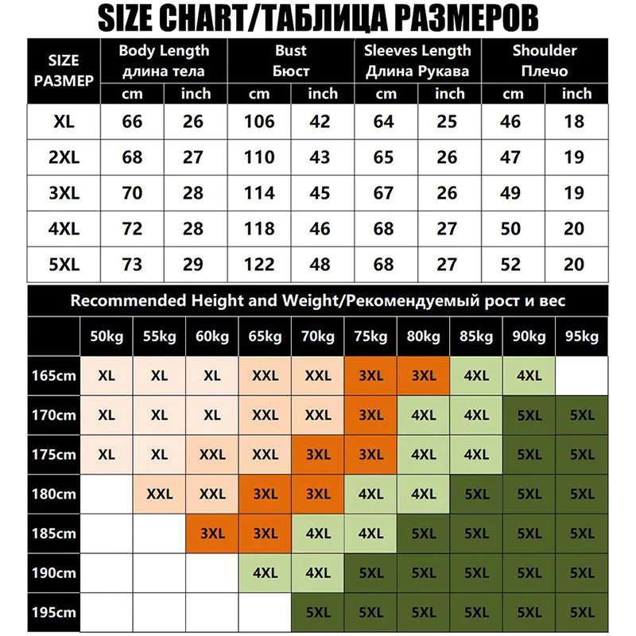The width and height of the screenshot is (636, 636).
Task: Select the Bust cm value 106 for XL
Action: [259, 122]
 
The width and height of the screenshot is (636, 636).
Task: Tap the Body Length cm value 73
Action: [132, 264]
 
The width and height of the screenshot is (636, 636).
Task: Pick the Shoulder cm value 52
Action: [514, 264]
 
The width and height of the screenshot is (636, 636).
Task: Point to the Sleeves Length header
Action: [417, 60]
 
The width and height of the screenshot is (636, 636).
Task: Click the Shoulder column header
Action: [545, 60]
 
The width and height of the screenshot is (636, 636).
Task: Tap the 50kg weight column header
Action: [106, 337]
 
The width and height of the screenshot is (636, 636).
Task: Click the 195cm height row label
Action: [53, 613]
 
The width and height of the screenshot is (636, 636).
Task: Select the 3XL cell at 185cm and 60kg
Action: [212, 533]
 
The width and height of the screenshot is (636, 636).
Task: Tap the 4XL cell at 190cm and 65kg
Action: [266, 573]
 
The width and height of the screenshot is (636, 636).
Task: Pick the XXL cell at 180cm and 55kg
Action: [159, 494]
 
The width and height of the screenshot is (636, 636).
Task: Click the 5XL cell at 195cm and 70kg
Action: [318, 613]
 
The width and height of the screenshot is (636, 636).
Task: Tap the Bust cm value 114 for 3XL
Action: [259, 193]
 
